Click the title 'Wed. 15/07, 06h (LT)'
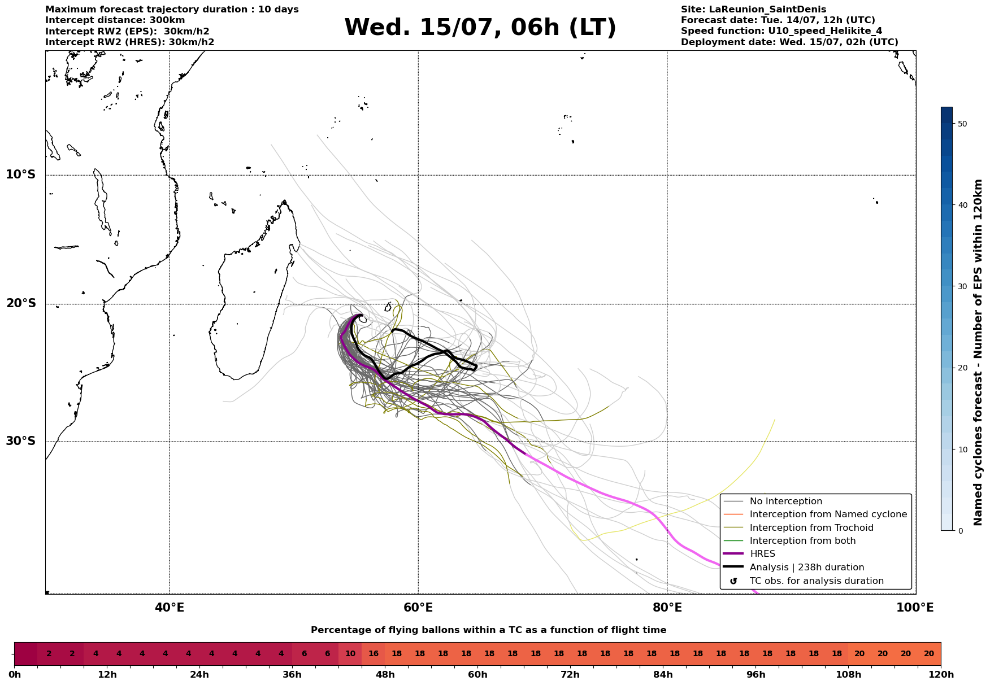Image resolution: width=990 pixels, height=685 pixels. pyautogui.click(x=480, y=28)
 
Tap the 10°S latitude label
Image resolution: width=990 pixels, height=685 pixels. pyautogui.click(x=21, y=174)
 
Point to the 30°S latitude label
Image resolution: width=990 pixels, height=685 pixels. pyautogui.click(x=21, y=441)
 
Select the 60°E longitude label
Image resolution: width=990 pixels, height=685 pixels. pyautogui.click(x=418, y=608)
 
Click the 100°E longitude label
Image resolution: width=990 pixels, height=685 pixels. pyautogui.click(x=915, y=608)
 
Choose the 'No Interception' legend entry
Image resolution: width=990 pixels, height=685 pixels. pyautogui.click(x=786, y=501)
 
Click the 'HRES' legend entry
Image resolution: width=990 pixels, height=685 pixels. pyautogui.click(x=762, y=554)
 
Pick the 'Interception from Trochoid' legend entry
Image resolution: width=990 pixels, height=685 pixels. pyautogui.click(x=811, y=528)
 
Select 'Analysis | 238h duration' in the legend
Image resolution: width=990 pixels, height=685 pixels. pyautogui.click(x=807, y=568)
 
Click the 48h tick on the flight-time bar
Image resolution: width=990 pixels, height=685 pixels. pyautogui.click(x=385, y=675)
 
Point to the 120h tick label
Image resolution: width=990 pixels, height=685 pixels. pyautogui.click(x=941, y=675)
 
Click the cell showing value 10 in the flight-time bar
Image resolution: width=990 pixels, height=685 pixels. pyautogui.click(x=350, y=654)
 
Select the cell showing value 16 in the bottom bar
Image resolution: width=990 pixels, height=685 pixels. pyautogui.click(x=374, y=654)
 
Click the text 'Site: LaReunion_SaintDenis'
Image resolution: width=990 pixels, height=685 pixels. pyautogui.click(x=754, y=10)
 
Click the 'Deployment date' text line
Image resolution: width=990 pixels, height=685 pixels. pyautogui.click(x=789, y=42)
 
